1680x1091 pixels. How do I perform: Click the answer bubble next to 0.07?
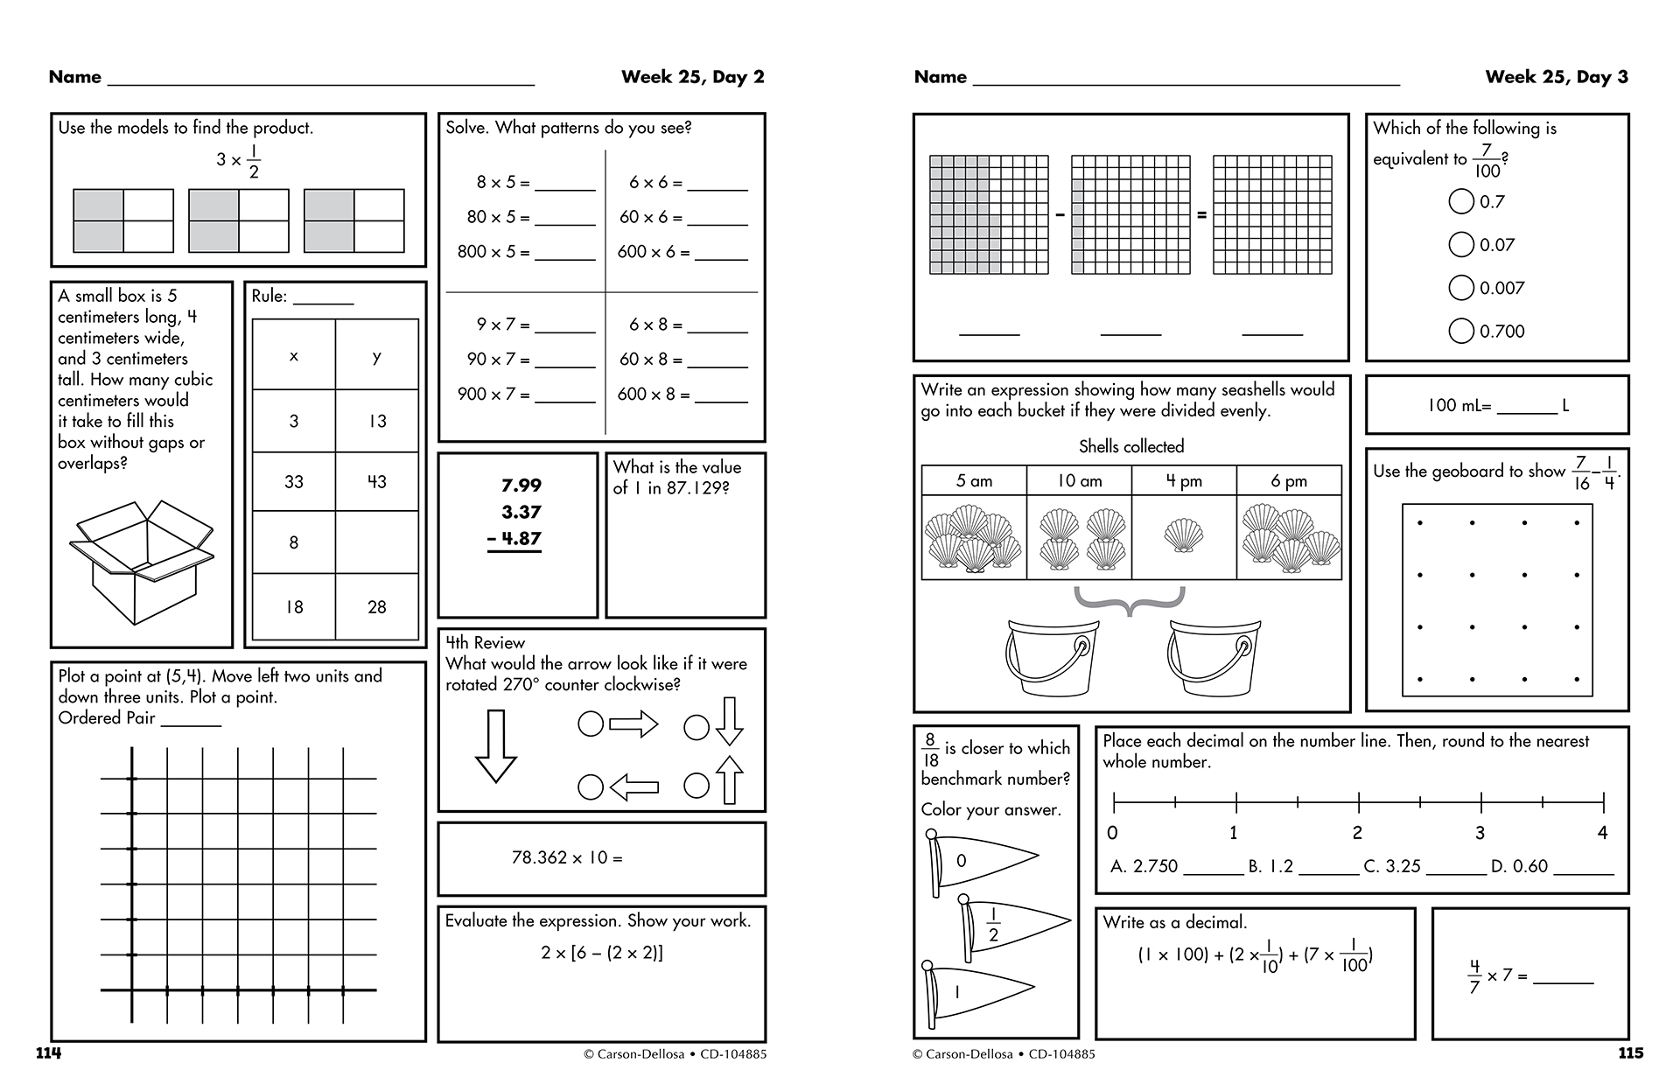point(1461,245)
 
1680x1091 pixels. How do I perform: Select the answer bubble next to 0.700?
point(1461,331)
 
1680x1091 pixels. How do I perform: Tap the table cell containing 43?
point(377,482)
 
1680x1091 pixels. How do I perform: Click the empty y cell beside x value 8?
point(377,542)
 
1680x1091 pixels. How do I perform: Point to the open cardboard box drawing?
point(141,561)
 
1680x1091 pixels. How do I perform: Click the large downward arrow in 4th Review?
point(495,745)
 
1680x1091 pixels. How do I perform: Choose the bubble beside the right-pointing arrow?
point(591,724)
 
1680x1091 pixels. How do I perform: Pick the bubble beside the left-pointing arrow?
point(591,787)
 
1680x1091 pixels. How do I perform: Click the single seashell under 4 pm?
point(1183,535)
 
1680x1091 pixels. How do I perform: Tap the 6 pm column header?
point(1288,481)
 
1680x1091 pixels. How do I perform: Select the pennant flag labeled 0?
point(980,862)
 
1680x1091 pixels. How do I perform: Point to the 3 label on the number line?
point(1480,833)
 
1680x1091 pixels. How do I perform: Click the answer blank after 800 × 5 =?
point(564,254)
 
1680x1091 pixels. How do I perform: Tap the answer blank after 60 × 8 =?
point(717,360)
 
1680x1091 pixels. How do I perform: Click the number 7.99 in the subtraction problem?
point(521,486)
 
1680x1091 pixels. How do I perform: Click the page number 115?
point(1630,1053)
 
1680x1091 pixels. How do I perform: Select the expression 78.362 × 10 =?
point(567,858)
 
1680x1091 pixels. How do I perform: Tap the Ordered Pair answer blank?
point(191,720)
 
